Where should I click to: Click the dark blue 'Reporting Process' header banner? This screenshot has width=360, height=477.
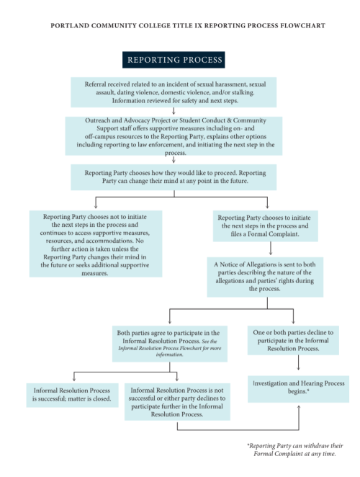pyautogui.click(x=174, y=60)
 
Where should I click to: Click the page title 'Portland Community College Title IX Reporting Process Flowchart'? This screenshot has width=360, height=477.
pyautogui.click(x=187, y=25)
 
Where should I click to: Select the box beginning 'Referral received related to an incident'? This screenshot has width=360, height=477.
pyautogui.click(x=174, y=92)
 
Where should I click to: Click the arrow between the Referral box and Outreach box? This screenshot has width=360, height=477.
pyautogui.click(x=174, y=112)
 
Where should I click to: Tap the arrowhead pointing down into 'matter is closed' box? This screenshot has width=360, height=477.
pyautogui.click(x=73, y=378)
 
